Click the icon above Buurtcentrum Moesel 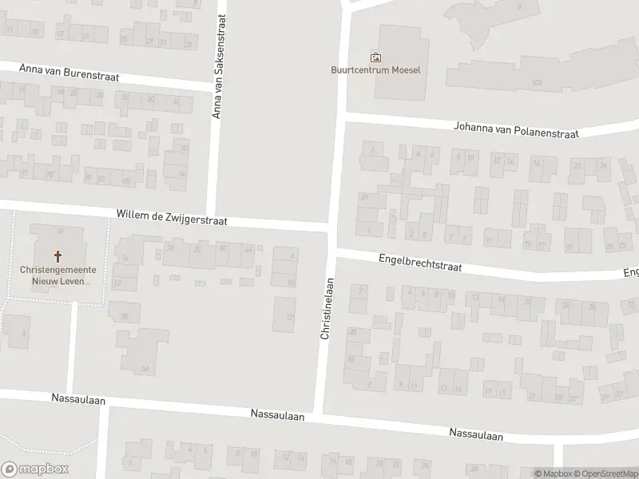375,57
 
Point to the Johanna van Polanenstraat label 515,130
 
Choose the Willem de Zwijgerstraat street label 172,216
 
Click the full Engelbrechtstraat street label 420,263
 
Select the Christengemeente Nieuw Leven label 58,275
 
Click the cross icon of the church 58,256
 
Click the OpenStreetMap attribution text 604,473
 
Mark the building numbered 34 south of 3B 145,368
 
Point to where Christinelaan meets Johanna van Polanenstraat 341,118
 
